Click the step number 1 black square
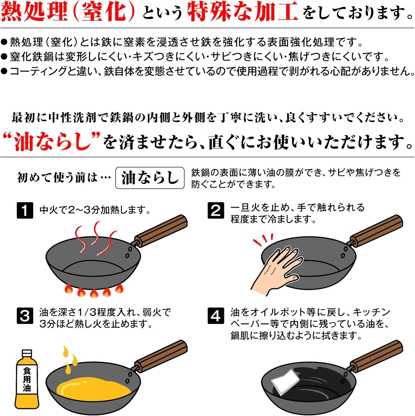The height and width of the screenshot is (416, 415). click(x=25, y=210)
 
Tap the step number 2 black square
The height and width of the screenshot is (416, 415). click(x=216, y=210)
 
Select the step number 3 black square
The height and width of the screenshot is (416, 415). click(x=25, y=316)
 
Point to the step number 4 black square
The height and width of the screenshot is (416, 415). click(x=216, y=316)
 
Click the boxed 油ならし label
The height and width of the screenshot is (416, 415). click(x=150, y=178)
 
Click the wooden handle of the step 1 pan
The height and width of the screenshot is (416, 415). click(x=161, y=231)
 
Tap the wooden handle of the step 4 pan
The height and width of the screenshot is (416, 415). click(x=376, y=356)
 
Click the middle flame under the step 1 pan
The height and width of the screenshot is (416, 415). click(x=93, y=293)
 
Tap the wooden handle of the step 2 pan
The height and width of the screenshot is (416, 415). click(x=376, y=231)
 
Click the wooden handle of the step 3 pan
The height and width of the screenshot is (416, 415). click(x=161, y=356)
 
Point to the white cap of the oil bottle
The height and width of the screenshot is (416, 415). click(x=27, y=353)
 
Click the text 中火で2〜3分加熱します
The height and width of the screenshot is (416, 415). click(x=95, y=210)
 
